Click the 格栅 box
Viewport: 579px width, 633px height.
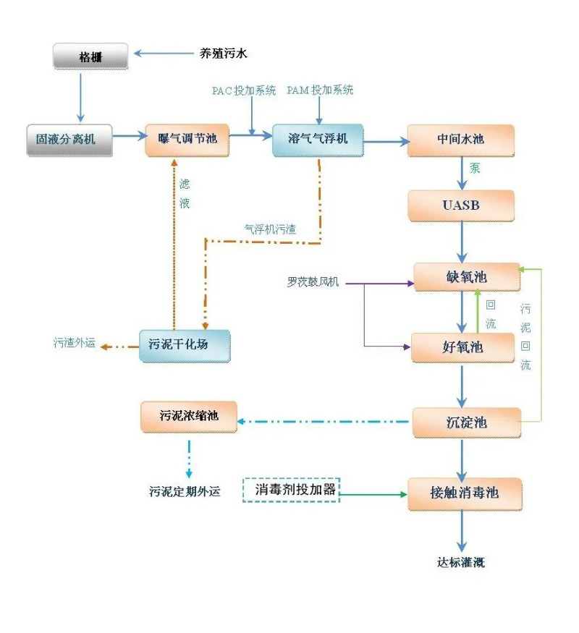90,56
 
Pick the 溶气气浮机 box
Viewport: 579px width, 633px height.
318,140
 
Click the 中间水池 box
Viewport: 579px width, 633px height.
460,140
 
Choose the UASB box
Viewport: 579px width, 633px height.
461,205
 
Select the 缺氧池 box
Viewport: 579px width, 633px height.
466,277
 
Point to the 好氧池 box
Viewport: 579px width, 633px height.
462,347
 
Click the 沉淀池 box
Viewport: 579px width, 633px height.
465,422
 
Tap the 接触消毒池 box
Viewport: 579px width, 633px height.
465,493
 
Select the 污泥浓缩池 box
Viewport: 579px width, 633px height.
189,417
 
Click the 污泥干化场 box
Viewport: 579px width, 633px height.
184,345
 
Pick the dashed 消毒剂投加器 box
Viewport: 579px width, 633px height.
290,490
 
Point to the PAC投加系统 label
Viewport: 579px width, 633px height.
244,90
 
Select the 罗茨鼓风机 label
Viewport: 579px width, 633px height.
313,281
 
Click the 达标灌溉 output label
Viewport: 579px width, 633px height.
461,562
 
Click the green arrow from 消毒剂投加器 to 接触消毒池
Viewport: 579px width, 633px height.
373,495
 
